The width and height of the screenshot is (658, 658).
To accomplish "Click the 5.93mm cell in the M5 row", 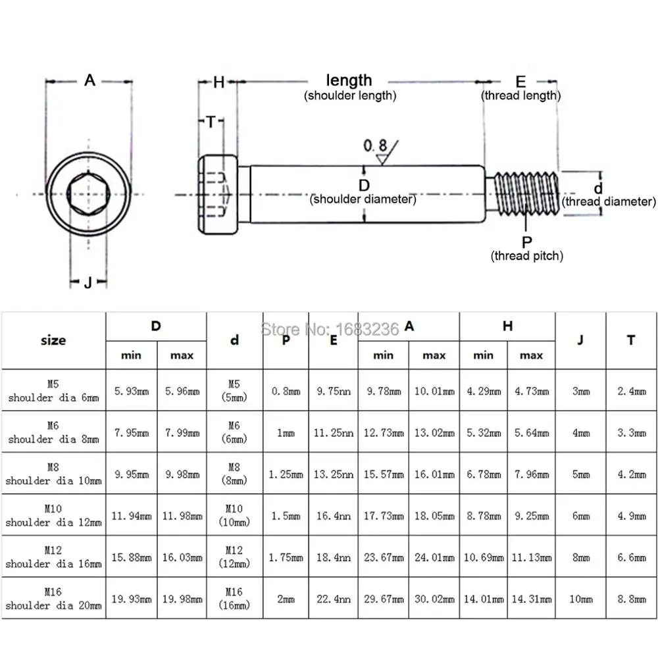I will click(x=131, y=391).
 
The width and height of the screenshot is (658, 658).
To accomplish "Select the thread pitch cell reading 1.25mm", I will click(x=286, y=474).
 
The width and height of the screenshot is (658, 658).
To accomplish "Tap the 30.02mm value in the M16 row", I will click(x=434, y=599).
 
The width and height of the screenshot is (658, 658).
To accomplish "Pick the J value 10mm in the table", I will click(x=580, y=599).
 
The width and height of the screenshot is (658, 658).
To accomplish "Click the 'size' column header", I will click(x=53, y=340).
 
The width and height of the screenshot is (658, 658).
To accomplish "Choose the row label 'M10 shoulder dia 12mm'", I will click(x=53, y=516).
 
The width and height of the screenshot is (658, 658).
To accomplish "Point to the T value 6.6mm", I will click(x=631, y=557).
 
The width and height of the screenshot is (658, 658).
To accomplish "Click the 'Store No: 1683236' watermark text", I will click(x=330, y=328).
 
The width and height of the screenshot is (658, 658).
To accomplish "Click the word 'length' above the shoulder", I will click(x=349, y=80).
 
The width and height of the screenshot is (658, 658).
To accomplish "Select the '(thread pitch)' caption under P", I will click(x=527, y=256).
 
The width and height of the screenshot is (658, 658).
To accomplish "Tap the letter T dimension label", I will click(x=210, y=122).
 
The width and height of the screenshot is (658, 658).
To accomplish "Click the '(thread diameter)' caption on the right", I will click(x=609, y=201).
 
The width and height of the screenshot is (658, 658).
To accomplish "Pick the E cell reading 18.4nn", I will click(x=333, y=557).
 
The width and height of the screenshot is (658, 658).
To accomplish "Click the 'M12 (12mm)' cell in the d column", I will click(x=234, y=557).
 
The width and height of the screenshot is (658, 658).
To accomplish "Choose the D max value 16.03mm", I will click(x=182, y=557).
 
